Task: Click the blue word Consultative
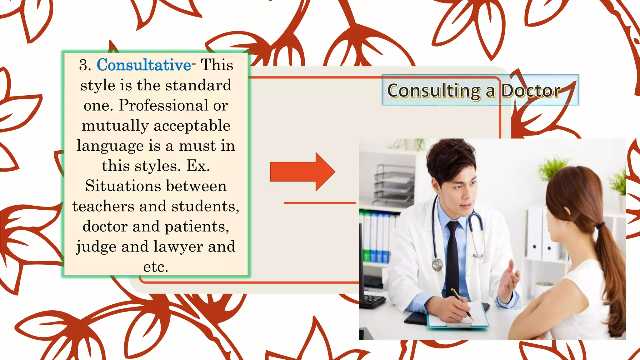(x=144, y=65)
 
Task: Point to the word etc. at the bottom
(x=156, y=267)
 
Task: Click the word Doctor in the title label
(x=531, y=91)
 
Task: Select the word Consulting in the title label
(x=434, y=91)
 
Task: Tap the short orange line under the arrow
(x=319, y=203)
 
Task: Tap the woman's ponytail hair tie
(x=600, y=225)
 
